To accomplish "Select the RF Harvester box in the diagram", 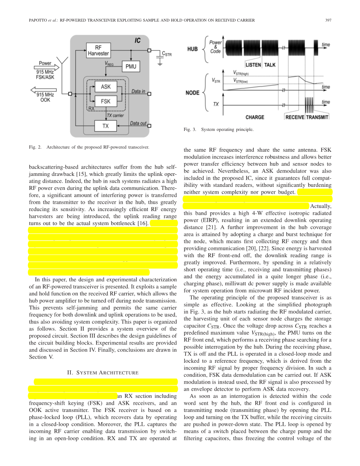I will pos(98,50).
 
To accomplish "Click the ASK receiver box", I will pos(106,87).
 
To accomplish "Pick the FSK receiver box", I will pos(106,101).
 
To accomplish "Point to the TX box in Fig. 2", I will pos(106,126).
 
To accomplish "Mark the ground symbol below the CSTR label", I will pos(160,63).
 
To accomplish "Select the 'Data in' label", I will pos(138,92).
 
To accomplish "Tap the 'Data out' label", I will pos(138,123).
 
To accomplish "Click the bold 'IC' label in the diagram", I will pos(138,40).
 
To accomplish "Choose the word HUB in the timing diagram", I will pos(192,49).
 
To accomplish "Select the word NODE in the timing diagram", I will pos(193,93).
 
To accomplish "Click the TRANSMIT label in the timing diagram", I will pos(317,117).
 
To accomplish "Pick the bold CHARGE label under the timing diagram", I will pos(255,117).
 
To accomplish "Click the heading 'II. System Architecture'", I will pos(103,373).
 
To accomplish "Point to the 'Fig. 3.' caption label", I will pos(190,129).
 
